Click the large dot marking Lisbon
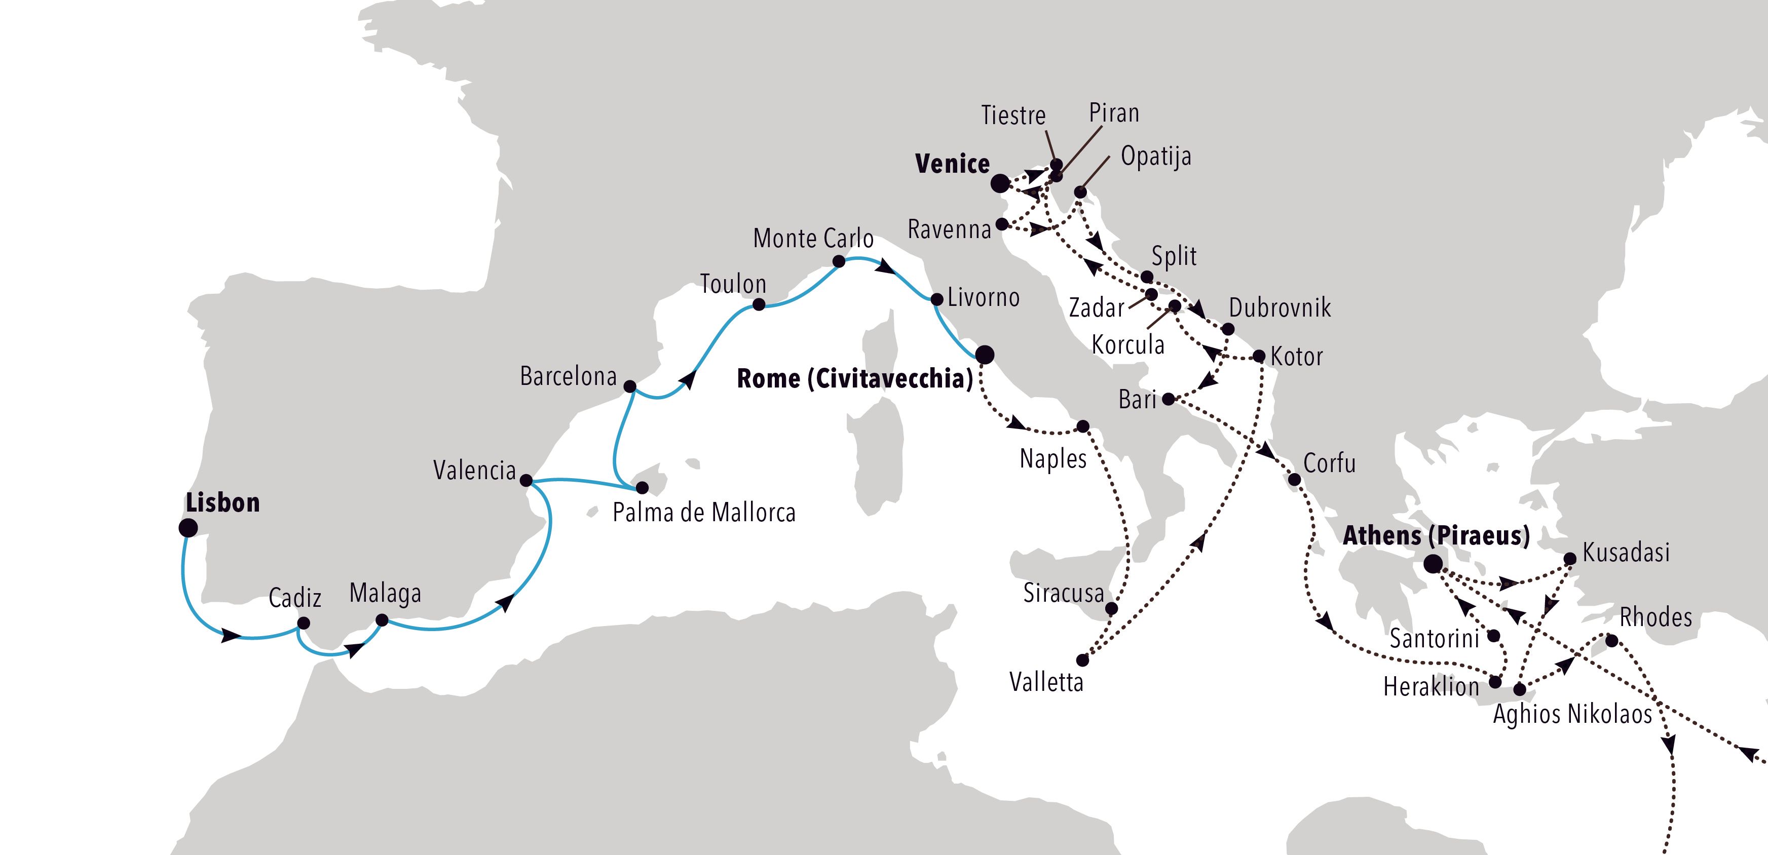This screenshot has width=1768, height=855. click(x=188, y=528)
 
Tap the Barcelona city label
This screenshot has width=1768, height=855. click(x=568, y=376)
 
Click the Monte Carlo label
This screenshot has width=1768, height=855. click(x=813, y=238)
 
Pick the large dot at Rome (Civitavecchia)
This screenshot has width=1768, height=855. click(x=984, y=354)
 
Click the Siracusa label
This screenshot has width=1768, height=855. click(x=1063, y=592)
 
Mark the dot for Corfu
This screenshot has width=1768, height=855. click(x=1294, y=480)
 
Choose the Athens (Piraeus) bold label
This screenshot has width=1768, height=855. click(x=1436, y=535)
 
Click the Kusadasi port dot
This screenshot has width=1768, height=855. click(x=1570, y=559)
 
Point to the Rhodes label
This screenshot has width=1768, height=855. click(x=1656, y=617)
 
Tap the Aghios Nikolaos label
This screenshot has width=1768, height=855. click(x=1572, y=714)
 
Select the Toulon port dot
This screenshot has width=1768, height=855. click(x=759, y=304)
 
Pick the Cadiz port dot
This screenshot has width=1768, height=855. click(x=303, y=623)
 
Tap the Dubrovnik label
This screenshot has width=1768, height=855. click(x=1280, y=307)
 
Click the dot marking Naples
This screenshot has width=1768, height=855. click(x=1083, y=426)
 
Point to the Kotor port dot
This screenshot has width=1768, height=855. click(x=1259, y=356)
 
